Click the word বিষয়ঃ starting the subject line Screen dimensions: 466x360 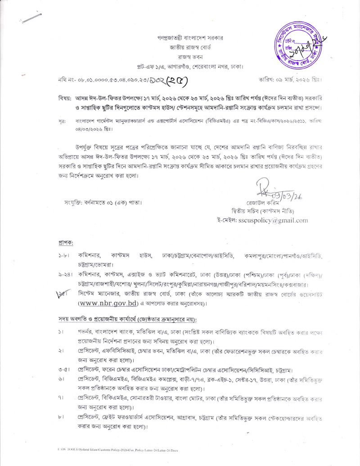65,98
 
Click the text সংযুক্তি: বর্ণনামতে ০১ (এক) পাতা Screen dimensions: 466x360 103,202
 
